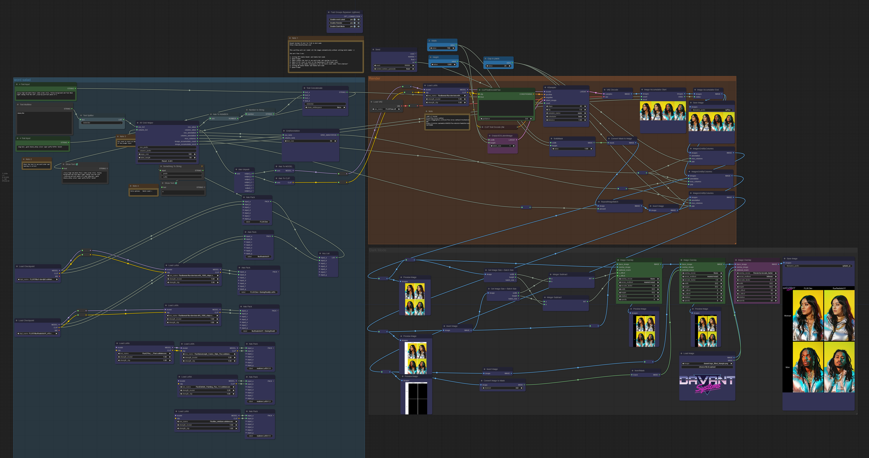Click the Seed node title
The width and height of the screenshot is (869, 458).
378,50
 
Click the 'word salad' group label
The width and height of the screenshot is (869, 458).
22,80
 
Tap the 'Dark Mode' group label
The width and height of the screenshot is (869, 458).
378,250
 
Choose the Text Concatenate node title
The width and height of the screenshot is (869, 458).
314,88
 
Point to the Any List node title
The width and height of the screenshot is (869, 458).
326,253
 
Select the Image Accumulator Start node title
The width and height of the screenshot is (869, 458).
655,90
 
